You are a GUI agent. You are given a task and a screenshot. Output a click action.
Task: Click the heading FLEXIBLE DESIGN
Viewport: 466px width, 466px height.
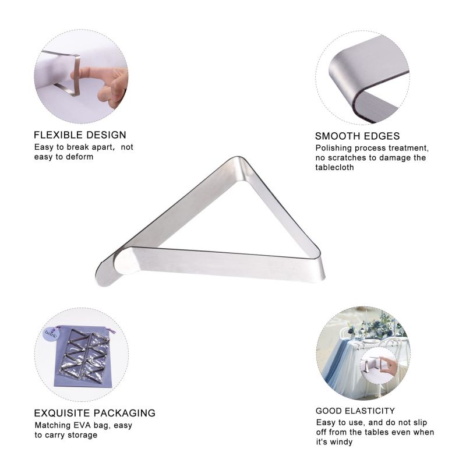[x=80, y=135]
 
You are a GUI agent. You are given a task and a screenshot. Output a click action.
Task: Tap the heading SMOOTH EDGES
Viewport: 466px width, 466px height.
[x=357, y=136]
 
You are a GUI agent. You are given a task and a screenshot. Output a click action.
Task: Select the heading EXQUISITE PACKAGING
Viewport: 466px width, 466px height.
[x=95, y=413]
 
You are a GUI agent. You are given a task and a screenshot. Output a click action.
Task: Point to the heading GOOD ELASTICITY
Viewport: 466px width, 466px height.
[x=355, y=411]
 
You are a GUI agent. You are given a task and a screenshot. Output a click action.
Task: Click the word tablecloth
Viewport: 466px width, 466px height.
[x=334, y=167]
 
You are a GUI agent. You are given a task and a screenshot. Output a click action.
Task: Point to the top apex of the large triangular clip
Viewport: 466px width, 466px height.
[x=237, y=158]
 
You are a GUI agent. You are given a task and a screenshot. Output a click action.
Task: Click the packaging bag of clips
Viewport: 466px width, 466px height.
[x=83, y=356]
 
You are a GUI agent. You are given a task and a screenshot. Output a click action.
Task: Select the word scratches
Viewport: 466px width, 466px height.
[x=347, y=157]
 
